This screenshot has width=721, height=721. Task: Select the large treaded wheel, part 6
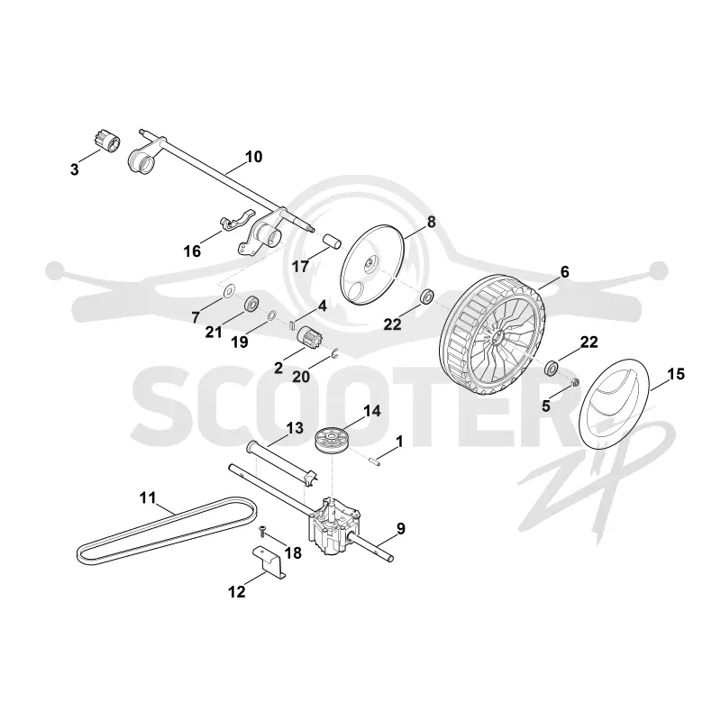click(x=492, y=335)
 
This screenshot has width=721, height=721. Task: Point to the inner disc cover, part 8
click(x=372, y=264)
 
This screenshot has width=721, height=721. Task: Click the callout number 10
click(x=253, y=156)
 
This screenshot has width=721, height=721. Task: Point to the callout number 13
click(x=295, y=428)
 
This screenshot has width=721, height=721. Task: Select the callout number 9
click(x=401, y=529)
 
